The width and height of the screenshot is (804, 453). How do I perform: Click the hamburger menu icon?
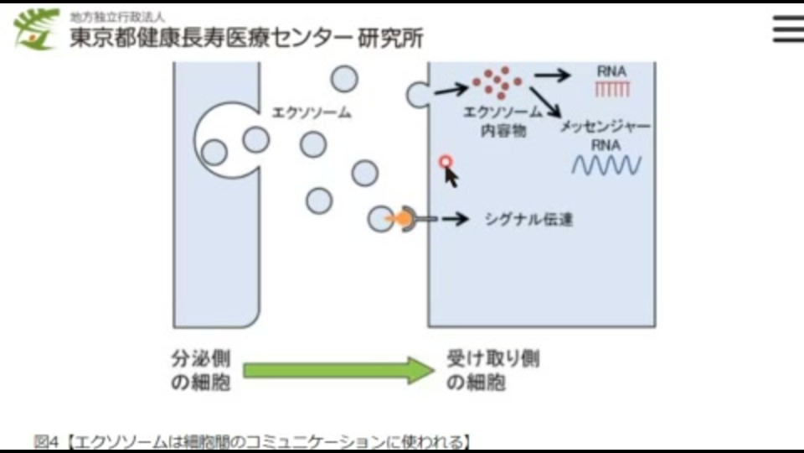coord(787,29)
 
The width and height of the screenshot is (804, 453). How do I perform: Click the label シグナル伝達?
coord(528,220)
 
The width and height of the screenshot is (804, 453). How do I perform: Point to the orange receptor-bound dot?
coord(403,219)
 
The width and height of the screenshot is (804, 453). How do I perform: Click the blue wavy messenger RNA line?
coord(606,165)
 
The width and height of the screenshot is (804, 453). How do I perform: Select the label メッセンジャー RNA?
coord(606,135)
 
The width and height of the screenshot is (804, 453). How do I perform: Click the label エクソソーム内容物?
coord(503,122)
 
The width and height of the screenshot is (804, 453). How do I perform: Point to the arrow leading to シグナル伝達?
coord(455,220)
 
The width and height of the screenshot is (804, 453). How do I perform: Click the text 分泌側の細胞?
coord(201,371)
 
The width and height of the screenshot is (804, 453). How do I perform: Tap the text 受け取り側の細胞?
coord(492,371)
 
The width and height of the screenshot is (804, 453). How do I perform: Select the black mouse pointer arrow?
coord(452,175)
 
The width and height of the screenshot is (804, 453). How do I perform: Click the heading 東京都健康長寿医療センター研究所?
coord(246,38)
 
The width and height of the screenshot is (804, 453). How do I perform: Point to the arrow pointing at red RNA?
coord(552,74)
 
